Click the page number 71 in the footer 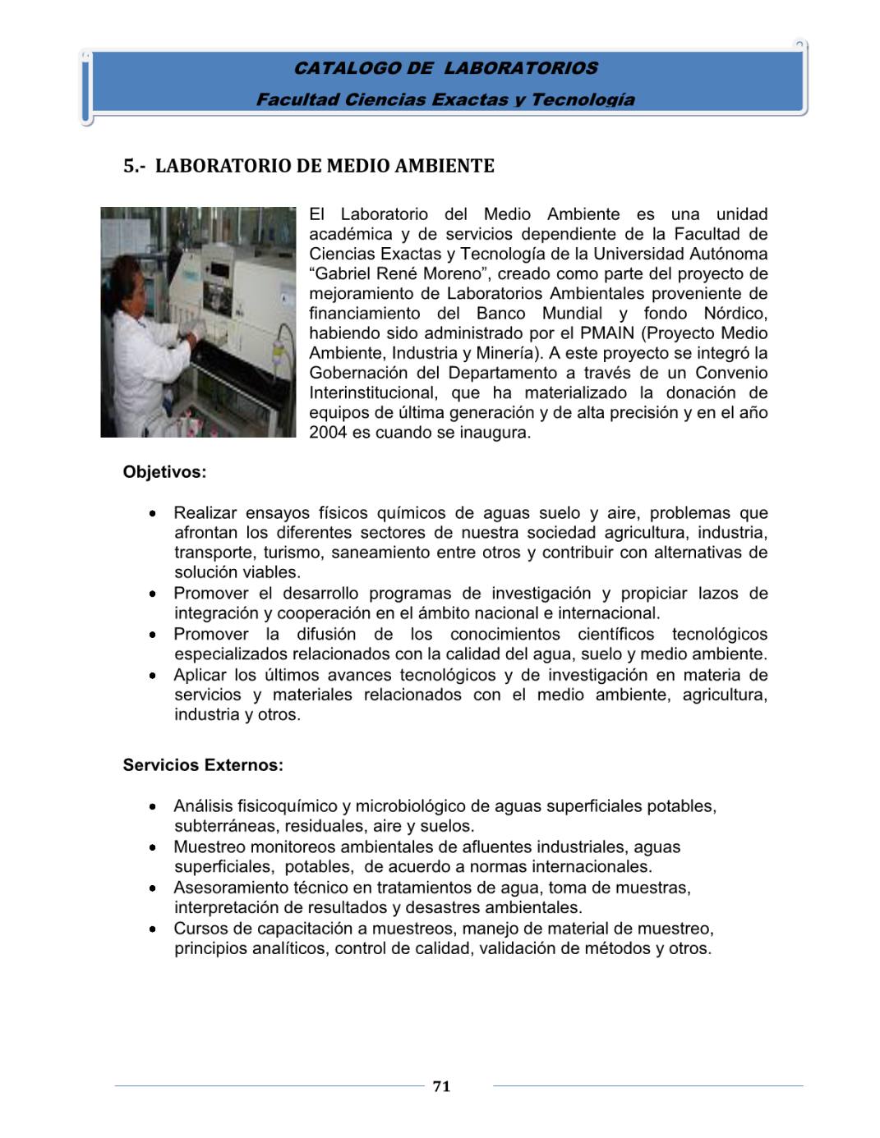[x=441, y=1086]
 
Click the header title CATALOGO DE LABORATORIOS [x=446, y=68]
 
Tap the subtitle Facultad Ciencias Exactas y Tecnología [x=445, y=99]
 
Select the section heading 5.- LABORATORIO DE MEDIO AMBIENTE [x=309, y=166]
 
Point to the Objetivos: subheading [x=164, y=472]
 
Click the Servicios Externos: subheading [x=203, y=765]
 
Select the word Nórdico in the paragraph [x=735, y=314]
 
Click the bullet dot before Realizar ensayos [x=154, y=514]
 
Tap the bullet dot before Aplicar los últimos [x=154, y=676]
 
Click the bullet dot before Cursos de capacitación [x=154, y=929]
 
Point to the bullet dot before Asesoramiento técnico [x=154, y=888]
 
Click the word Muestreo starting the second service [x=209, y=847]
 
